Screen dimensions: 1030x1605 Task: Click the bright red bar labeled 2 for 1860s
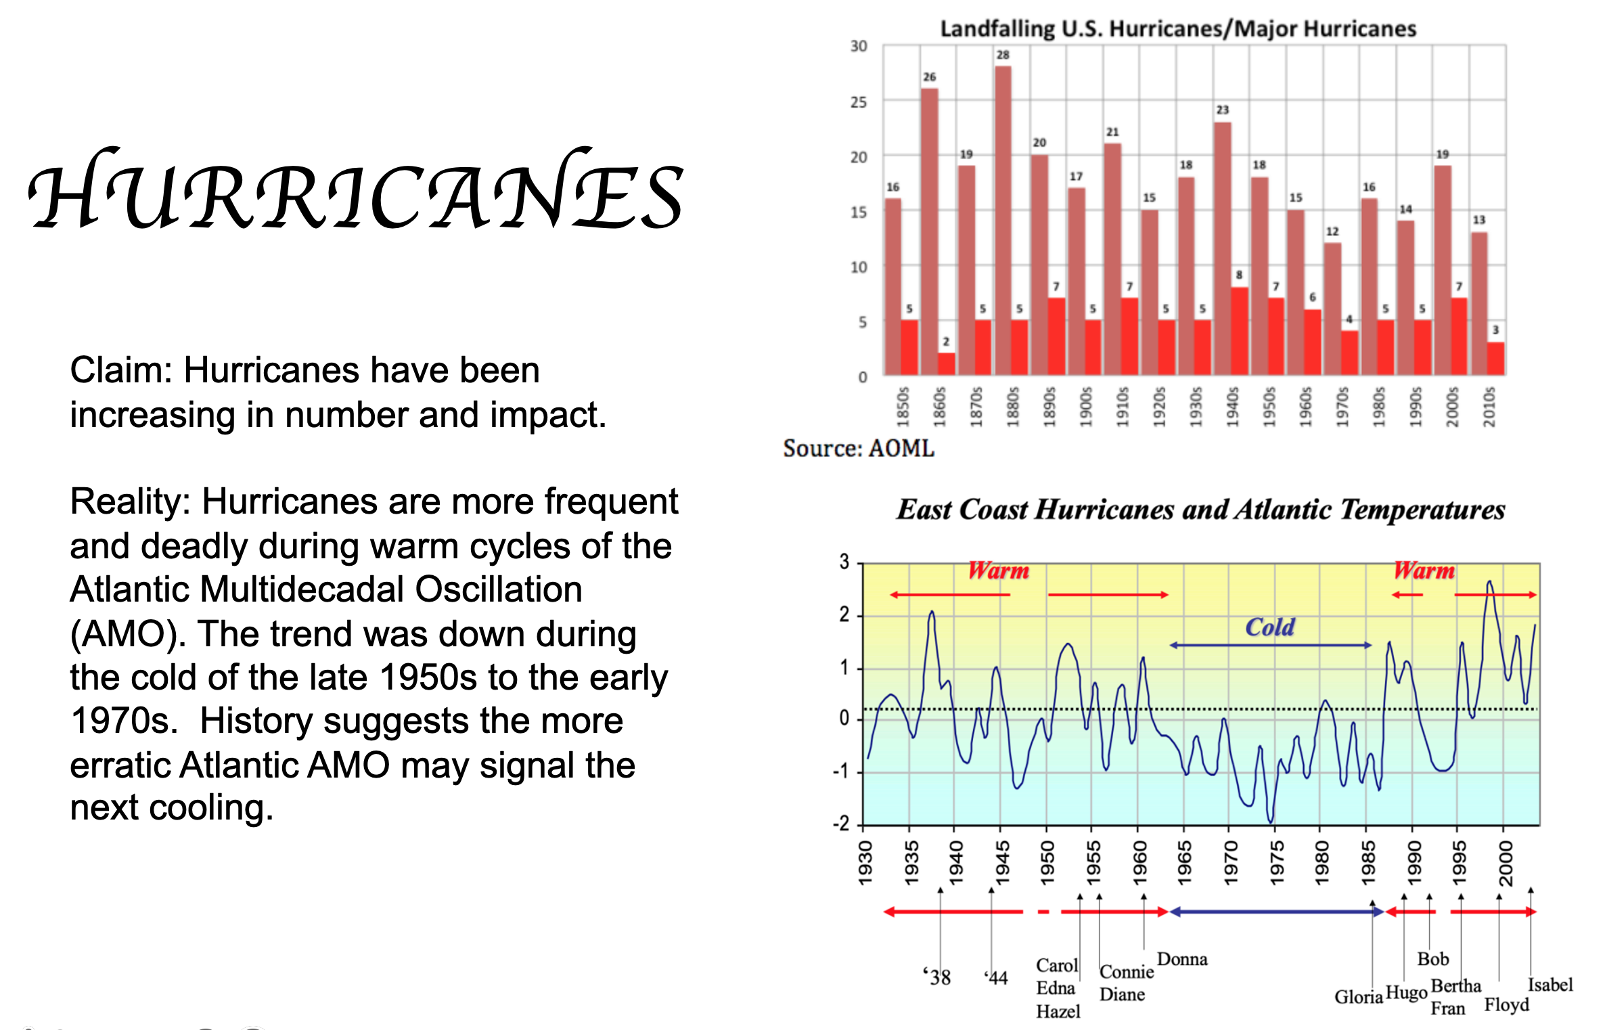pyautogui.click(x=946, y=363)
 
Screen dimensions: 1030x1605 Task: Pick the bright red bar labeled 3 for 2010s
pyautogui.click(x=1495, y=358)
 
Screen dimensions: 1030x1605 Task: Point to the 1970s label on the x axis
pyautogui.click(x=1342, y=407)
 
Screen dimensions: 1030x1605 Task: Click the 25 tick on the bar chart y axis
pyautogui.click(x=858, y=102)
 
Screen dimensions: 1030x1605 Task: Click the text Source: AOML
pyautogui.click(x=858, y=449)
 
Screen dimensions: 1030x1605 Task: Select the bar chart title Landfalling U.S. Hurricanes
pyautogui.click(x=1177, y=29)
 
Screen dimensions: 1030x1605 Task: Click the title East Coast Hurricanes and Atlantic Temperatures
pyautogui.click(x=1200, y=510)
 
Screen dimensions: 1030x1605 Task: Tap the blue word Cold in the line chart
pyautogui.click(x=1270, y=627)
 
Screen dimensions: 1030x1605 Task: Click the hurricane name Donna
pyautogui.click(x=1182, y=959)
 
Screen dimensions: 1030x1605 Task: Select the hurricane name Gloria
pyautogui.click(x=1358, y=997)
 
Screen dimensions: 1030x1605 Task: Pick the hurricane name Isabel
pyautogui.click(x=1550, y=985)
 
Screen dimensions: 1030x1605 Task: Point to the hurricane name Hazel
pyautogui.click(x=1058, y=1012)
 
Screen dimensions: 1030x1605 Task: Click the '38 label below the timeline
pyautogui.click(x=937, y=977)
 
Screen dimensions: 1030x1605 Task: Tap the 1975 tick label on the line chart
pyautogui.click(x=1276, y=862)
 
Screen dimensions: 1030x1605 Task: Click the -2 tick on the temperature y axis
pyautogui.click(x=841, y=824)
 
